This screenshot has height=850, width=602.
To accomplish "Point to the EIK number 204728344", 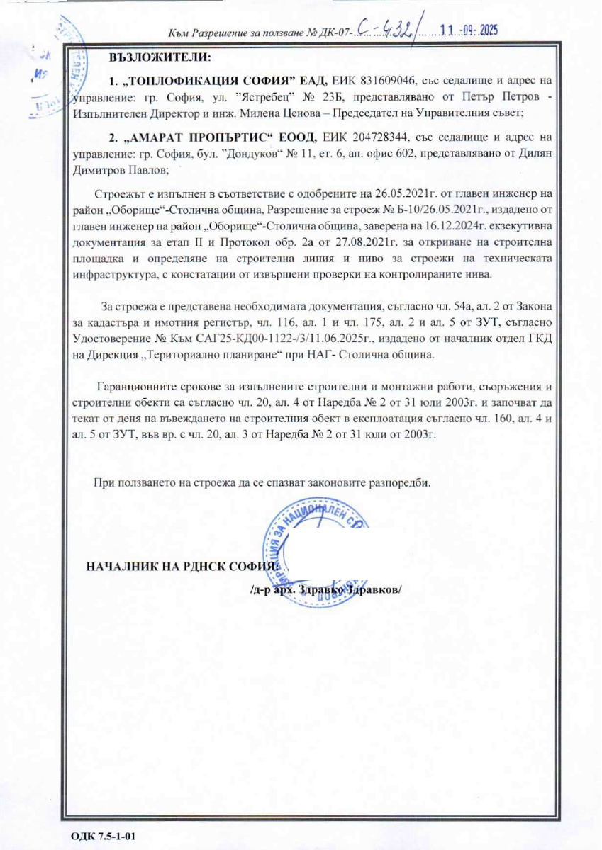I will tap(382, 135).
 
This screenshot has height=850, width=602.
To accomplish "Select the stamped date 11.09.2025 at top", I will tap(472, 31).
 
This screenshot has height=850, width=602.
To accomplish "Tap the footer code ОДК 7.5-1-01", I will tap(103, 836).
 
